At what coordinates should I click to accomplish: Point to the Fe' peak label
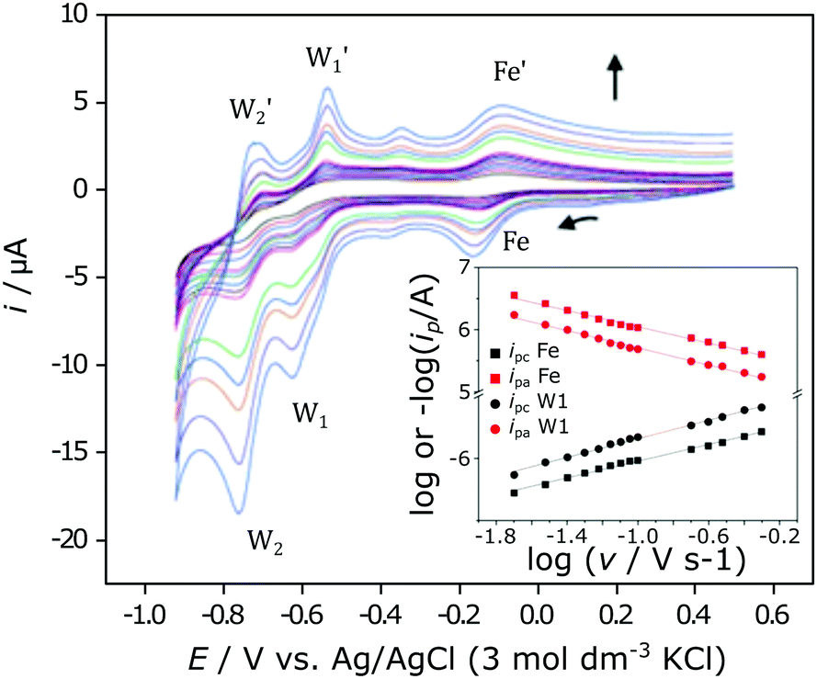click(512, 72)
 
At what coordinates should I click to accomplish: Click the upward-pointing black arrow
click(613, 74)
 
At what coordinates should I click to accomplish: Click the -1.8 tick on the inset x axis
click(494, 534)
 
